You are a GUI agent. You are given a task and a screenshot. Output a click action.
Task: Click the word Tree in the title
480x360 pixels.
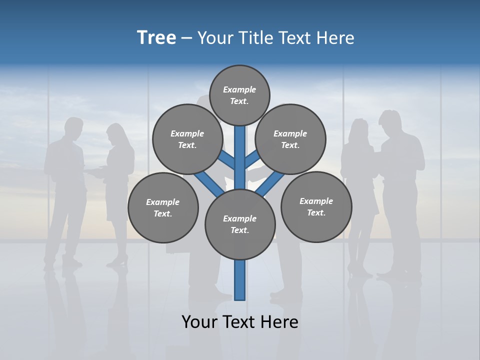[156, 38]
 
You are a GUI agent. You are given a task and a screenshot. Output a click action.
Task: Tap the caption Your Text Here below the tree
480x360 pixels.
[240, 322]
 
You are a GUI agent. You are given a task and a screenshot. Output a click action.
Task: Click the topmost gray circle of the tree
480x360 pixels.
[239, 95]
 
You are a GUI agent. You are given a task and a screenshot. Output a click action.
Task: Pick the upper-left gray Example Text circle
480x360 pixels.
[187, 139]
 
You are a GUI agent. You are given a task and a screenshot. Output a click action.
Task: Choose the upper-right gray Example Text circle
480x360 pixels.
[290, 139]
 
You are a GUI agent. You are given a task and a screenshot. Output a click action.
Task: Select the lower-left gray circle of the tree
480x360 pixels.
[163, 207]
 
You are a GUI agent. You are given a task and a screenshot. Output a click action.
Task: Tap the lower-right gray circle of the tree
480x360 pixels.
[316, 206]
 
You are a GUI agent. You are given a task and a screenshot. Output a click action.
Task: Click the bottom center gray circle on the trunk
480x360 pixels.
[240, 224]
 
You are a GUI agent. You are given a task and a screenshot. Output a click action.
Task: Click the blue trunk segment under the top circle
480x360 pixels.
[240, 150]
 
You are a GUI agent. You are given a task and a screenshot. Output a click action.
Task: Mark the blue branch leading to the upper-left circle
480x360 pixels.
[227, 160]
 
